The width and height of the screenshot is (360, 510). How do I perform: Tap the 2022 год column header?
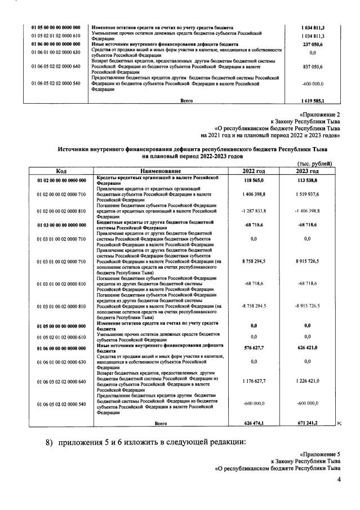tap(254, 171)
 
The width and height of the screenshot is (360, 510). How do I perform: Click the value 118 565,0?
tap(254, 180)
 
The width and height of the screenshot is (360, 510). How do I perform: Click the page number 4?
tap(339, 480)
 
